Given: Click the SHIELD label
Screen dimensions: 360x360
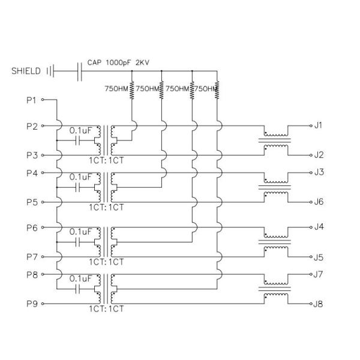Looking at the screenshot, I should click(26, 71).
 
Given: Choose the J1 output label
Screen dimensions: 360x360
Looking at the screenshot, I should click(319, 125).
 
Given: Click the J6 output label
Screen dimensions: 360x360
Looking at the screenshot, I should click(319, 202).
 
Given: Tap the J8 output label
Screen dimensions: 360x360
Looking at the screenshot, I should click(319, 304).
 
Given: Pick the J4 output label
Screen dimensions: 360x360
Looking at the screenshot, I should click(319, 227).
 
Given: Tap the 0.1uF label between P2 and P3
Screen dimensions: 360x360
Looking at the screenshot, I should click(80, 130).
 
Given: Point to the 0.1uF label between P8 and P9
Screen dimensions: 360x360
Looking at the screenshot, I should click(80, 279).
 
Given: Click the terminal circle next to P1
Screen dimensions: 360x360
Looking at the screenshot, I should click(43, 100).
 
